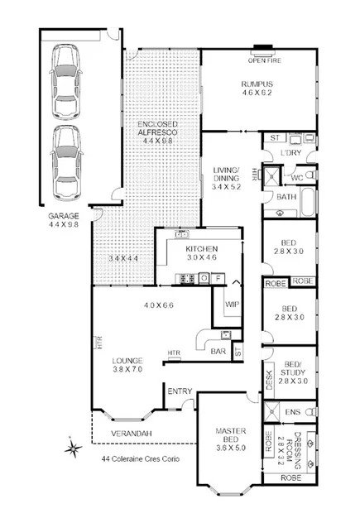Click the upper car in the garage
(67, 80)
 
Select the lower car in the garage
(67, 163)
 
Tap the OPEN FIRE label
(262, 60)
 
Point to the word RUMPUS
(257, 84)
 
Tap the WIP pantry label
(232, 304)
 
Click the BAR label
(218, 352)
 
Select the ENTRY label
(180, 391)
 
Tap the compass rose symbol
(72, 450)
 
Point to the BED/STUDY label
(294, 369)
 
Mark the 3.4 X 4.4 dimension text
(124, 259)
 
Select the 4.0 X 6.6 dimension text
(159, 305)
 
